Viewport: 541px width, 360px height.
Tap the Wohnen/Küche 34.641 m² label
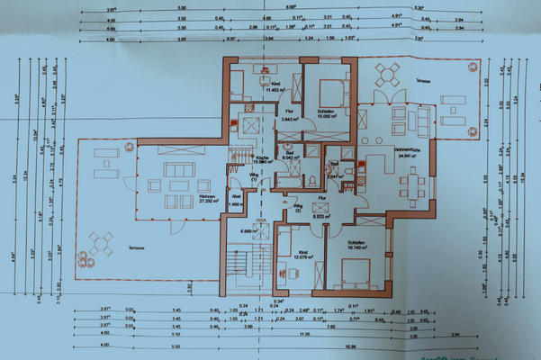click(408, 153)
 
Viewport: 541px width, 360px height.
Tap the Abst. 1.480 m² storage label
click(237, 202)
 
